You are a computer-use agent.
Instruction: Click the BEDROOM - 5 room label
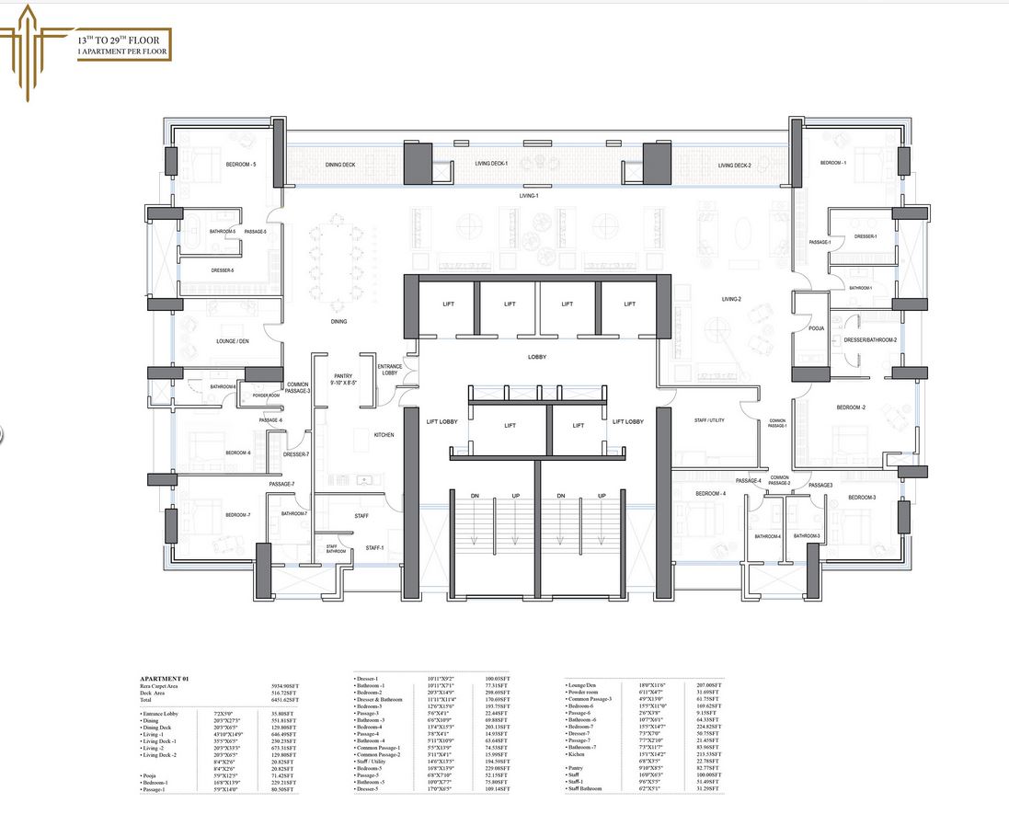[241, 165]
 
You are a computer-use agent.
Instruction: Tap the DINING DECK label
[339, 165]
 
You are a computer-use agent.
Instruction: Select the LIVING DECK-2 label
[735, 166]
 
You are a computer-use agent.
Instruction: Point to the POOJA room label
[815, 328]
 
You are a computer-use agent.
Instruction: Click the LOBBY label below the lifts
[538, 357]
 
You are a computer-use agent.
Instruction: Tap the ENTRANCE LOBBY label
[389, 370]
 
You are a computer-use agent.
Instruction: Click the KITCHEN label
[384, 435]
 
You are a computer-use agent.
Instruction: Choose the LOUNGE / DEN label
[233, 341]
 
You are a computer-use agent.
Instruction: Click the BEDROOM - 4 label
[710, 494]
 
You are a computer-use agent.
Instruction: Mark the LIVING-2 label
[731, 299]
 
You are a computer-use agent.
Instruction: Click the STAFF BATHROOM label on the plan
[336, 549]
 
